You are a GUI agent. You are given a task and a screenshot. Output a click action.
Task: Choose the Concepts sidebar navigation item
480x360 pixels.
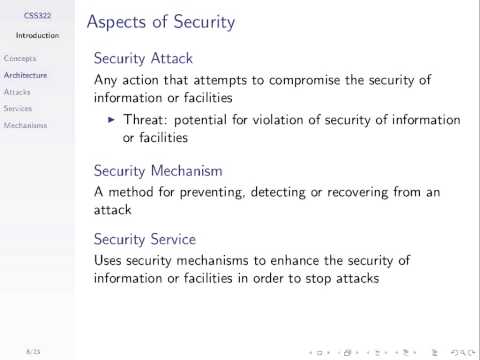click(20, 59)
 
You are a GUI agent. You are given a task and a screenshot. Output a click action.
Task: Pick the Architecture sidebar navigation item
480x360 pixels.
click(26, 75)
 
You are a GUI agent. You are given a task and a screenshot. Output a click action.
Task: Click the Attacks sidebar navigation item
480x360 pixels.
click(18, 92)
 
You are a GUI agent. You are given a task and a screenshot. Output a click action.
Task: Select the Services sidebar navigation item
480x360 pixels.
click(19, 108)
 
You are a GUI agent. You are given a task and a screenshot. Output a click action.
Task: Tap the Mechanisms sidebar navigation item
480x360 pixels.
click(25, 125)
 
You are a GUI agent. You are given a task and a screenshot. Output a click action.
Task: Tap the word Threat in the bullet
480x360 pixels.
click(144, 120)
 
